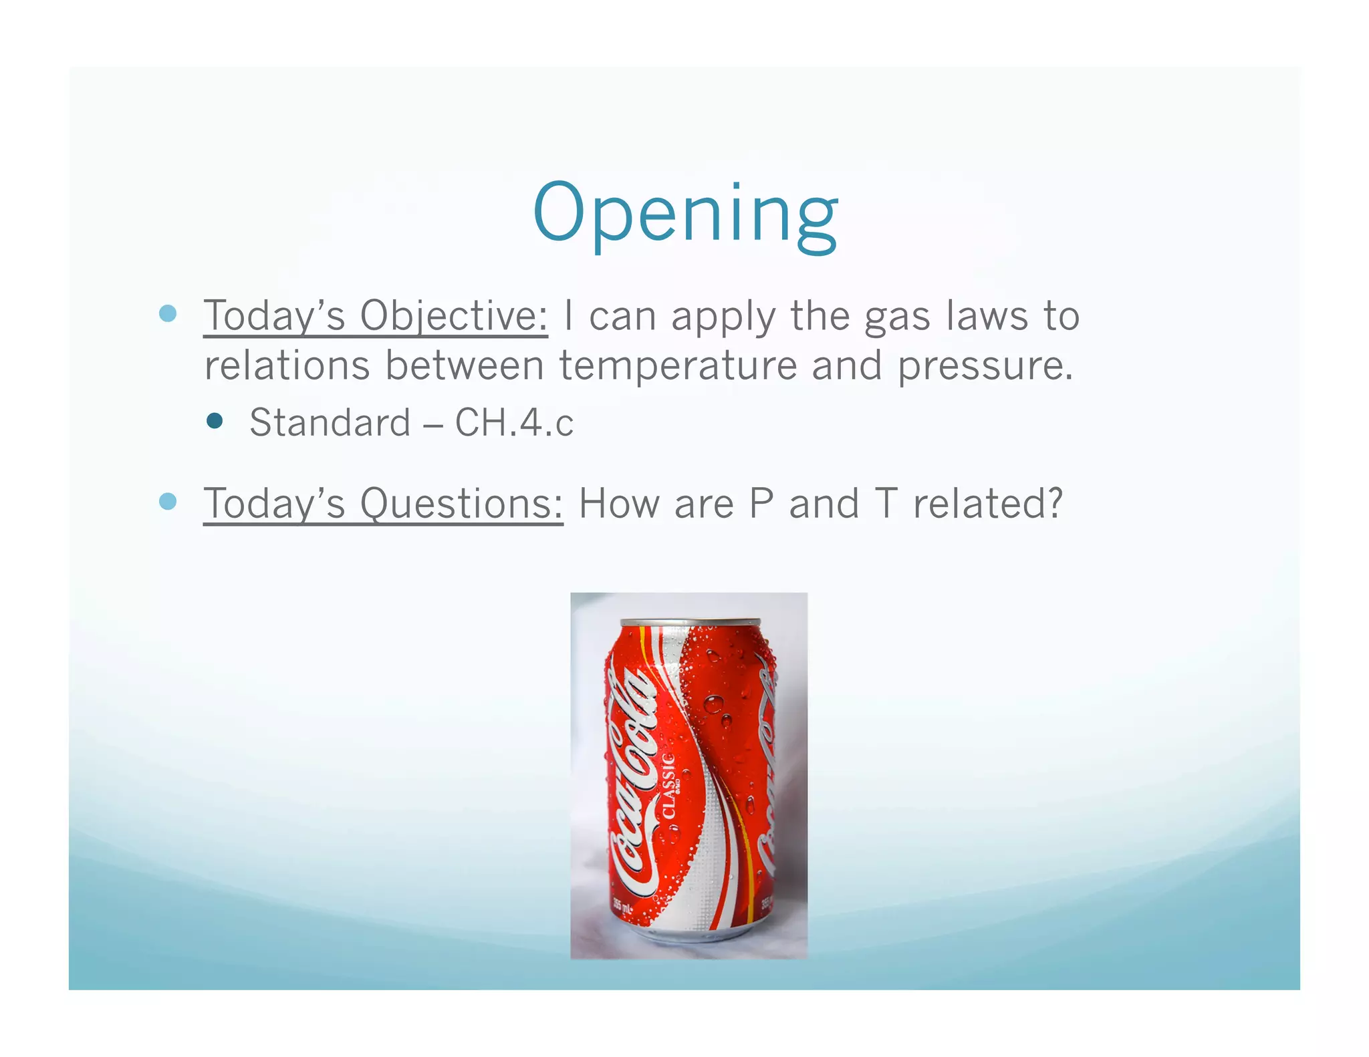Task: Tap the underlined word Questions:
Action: (x=461, y=503)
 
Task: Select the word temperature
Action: (x=678, y=366)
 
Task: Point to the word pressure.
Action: (x=985, y=366)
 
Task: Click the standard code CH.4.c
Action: (x=514, y=423)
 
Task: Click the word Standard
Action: (x=330, y=423)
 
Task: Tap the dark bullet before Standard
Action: (x=215, y=421)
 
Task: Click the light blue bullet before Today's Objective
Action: (x=168, y=313)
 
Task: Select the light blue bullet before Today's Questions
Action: (x=168, y=501)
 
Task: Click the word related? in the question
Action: (x=987, y=503)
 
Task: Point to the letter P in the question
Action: (x=761, y=503)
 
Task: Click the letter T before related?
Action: (x=886, y=503)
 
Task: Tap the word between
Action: (x=464, y=366)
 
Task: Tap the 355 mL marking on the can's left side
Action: (x=622, y=908)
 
